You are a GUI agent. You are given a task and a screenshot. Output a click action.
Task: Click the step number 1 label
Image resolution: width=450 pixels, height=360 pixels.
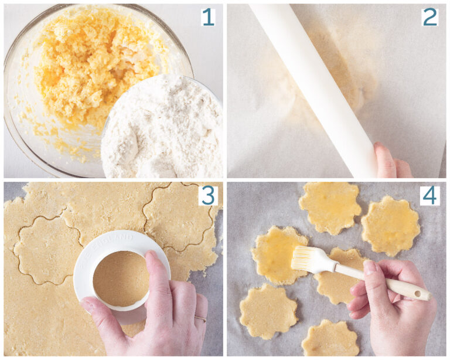tap(207, 17)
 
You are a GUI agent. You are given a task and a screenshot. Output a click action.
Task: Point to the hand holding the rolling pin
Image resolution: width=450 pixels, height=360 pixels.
tap(390, 161)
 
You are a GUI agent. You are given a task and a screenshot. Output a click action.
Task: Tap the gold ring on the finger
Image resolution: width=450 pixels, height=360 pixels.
tap(200, 318)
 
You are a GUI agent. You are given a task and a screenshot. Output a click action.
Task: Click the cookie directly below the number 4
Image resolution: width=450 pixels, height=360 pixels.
tap(390, 226)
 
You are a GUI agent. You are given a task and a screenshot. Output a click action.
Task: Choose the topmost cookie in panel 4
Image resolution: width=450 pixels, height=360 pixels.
tap(330, 206)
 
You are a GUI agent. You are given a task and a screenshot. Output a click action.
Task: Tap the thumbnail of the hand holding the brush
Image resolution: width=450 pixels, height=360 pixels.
tap(370, 268)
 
